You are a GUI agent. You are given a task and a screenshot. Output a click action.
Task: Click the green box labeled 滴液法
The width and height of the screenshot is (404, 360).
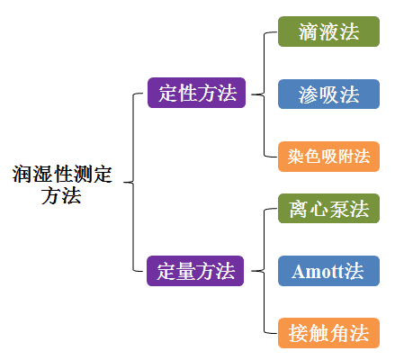pyautogui.click(x=328, y=31)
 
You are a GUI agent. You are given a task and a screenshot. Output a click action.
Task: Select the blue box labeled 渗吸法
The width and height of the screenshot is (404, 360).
pyautogui.click(x=328, y=94)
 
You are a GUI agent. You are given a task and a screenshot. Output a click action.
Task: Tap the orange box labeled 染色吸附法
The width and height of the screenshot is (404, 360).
pyautogui.click(x=328, y=157)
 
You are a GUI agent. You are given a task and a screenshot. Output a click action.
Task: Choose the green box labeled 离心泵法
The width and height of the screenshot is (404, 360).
pyautogui.click(x=328, y=209)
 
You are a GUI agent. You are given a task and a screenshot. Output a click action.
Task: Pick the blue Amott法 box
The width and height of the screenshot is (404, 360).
pyautogui.click(x=328, y=271)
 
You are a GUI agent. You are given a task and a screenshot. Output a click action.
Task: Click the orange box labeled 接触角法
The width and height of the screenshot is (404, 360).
pyautogui.click(x=328, y=333)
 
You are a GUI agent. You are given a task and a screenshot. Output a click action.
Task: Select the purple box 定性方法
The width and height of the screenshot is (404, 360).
pyautogui.click(x=196, y=93)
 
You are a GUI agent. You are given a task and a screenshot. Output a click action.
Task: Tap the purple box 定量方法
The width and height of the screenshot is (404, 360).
pyautogui.click(x=195, y=271)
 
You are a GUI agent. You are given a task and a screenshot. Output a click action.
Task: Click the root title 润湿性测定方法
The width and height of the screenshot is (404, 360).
pyautogui.click(x=62, y=184)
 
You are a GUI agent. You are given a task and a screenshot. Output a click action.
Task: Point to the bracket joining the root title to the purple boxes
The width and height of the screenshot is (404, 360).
pyautogui.click(x=133, y=182)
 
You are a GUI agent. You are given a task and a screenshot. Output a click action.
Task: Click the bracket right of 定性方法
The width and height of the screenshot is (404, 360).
pyautogui.click(x=265, y=94)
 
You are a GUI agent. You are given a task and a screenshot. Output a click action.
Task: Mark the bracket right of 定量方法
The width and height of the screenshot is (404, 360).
pyautogui.click(x=265, y=271)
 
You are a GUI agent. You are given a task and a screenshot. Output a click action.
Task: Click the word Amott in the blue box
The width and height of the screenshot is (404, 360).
pyautogui.click(x=318, y=272)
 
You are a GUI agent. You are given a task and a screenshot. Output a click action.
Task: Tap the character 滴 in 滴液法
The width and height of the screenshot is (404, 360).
pyautogui.click(x=309, y=31)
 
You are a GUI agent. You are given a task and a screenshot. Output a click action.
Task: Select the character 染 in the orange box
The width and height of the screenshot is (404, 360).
pyautogui.click(x=296, y=157)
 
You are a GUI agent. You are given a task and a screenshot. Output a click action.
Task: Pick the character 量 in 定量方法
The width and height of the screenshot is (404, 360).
pyautogui.click(x=185, y=271)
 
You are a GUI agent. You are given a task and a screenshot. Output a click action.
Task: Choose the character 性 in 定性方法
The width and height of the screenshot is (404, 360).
pyautogui.click(x=187, y=93)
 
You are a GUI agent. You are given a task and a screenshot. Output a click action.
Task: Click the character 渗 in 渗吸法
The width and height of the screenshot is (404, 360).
pyautogui.click(x=309, y=94)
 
